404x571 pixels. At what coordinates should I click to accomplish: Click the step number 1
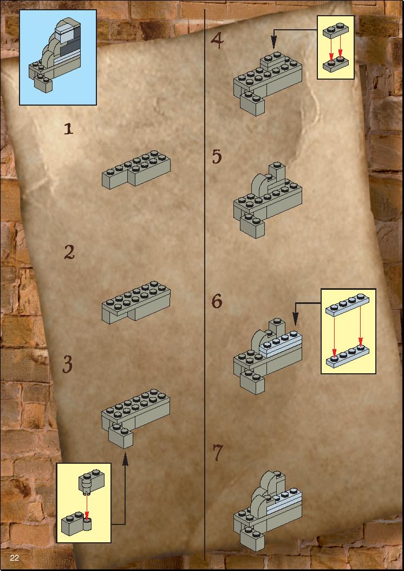(x=68, y=129)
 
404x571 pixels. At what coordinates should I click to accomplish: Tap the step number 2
(x=69, y=252)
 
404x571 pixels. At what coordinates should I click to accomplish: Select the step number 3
(x=67, y=364)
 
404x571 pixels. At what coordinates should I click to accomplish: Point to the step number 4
(x=217, y=40)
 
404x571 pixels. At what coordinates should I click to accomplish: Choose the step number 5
(x=217, y=157)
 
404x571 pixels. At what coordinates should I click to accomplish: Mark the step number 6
(x=217, y=301)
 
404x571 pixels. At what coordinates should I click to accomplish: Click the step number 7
(x=217, y=453)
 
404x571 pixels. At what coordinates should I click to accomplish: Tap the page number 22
(x=14, y=558)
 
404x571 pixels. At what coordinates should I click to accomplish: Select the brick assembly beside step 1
(x=136, y=170)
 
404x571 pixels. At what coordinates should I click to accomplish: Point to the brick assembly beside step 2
(x=136, y=302)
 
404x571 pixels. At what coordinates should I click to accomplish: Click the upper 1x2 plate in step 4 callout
(x=336, y=31)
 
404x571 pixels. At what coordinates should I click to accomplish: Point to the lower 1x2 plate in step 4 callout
(x=336, y=65)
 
